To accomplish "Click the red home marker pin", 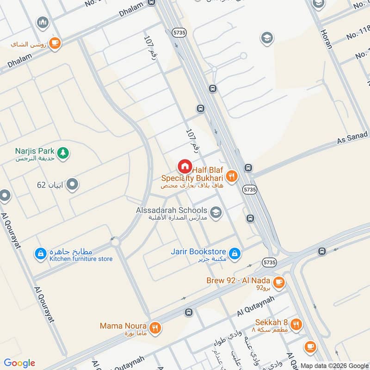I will pos(185,166).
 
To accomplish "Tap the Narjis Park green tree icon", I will pos(63,152).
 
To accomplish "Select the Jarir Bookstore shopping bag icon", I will pos(235,253).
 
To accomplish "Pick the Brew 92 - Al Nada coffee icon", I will pos(278,281).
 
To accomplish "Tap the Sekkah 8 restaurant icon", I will pos(296,324).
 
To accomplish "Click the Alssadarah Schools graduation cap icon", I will pos(215,212).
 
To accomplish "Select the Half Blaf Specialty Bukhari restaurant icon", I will pos(232,176).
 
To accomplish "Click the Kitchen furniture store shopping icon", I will pos(41,253).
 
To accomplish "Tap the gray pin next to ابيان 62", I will pos(72,185).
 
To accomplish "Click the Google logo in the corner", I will pos(19,363).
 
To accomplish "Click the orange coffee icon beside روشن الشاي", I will pos(55,43).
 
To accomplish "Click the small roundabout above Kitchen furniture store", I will pos(115,241).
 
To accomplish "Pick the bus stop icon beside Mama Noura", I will pos(188,313).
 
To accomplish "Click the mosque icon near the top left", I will pos(43,22).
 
